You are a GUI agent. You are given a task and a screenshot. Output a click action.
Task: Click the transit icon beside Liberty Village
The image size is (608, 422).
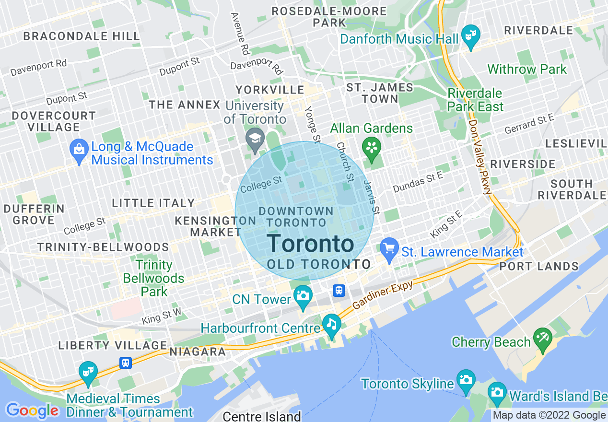click(126, 363)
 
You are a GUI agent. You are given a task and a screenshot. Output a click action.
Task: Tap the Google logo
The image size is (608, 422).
click(32, 411)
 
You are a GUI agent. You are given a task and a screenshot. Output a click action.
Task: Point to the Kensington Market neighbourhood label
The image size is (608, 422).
click(215, 226)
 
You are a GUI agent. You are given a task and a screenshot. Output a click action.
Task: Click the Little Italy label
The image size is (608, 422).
click(153, 203)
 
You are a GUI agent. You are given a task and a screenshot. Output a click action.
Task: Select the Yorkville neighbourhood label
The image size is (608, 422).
click(269, 90)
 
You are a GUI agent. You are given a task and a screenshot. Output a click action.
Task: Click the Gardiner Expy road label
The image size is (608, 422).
click(382, 295)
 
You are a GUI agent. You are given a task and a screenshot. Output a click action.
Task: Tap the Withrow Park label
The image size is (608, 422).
click(527, 69)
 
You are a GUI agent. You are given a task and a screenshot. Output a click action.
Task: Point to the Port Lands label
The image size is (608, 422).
click(539, 266)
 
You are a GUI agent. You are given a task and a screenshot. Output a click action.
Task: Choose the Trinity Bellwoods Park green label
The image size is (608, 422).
click(154, 278)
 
